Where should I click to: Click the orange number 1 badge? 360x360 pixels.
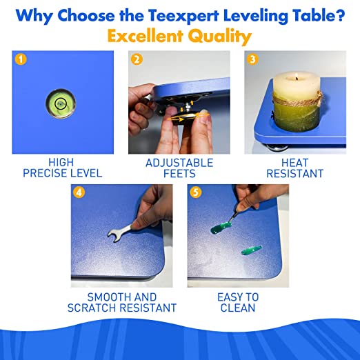point(21,59)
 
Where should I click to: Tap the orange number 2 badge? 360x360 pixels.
point(137,59)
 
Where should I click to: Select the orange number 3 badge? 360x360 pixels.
point(252,59)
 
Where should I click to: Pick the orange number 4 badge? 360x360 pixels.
point(79,192)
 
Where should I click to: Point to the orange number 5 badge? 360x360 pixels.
point(195,192)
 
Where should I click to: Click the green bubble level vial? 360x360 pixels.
point(61,103)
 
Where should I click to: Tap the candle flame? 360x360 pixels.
point(297,76)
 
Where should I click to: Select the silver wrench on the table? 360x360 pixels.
point(119,232)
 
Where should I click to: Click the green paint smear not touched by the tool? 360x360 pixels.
point(252,250)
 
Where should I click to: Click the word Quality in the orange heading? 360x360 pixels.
point(220,37)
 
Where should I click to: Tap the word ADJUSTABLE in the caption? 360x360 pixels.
point(179,163)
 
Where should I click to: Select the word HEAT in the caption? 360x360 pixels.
point(294,163)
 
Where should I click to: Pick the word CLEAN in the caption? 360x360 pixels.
point(238,308)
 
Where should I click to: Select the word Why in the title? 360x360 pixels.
point(34,16)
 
